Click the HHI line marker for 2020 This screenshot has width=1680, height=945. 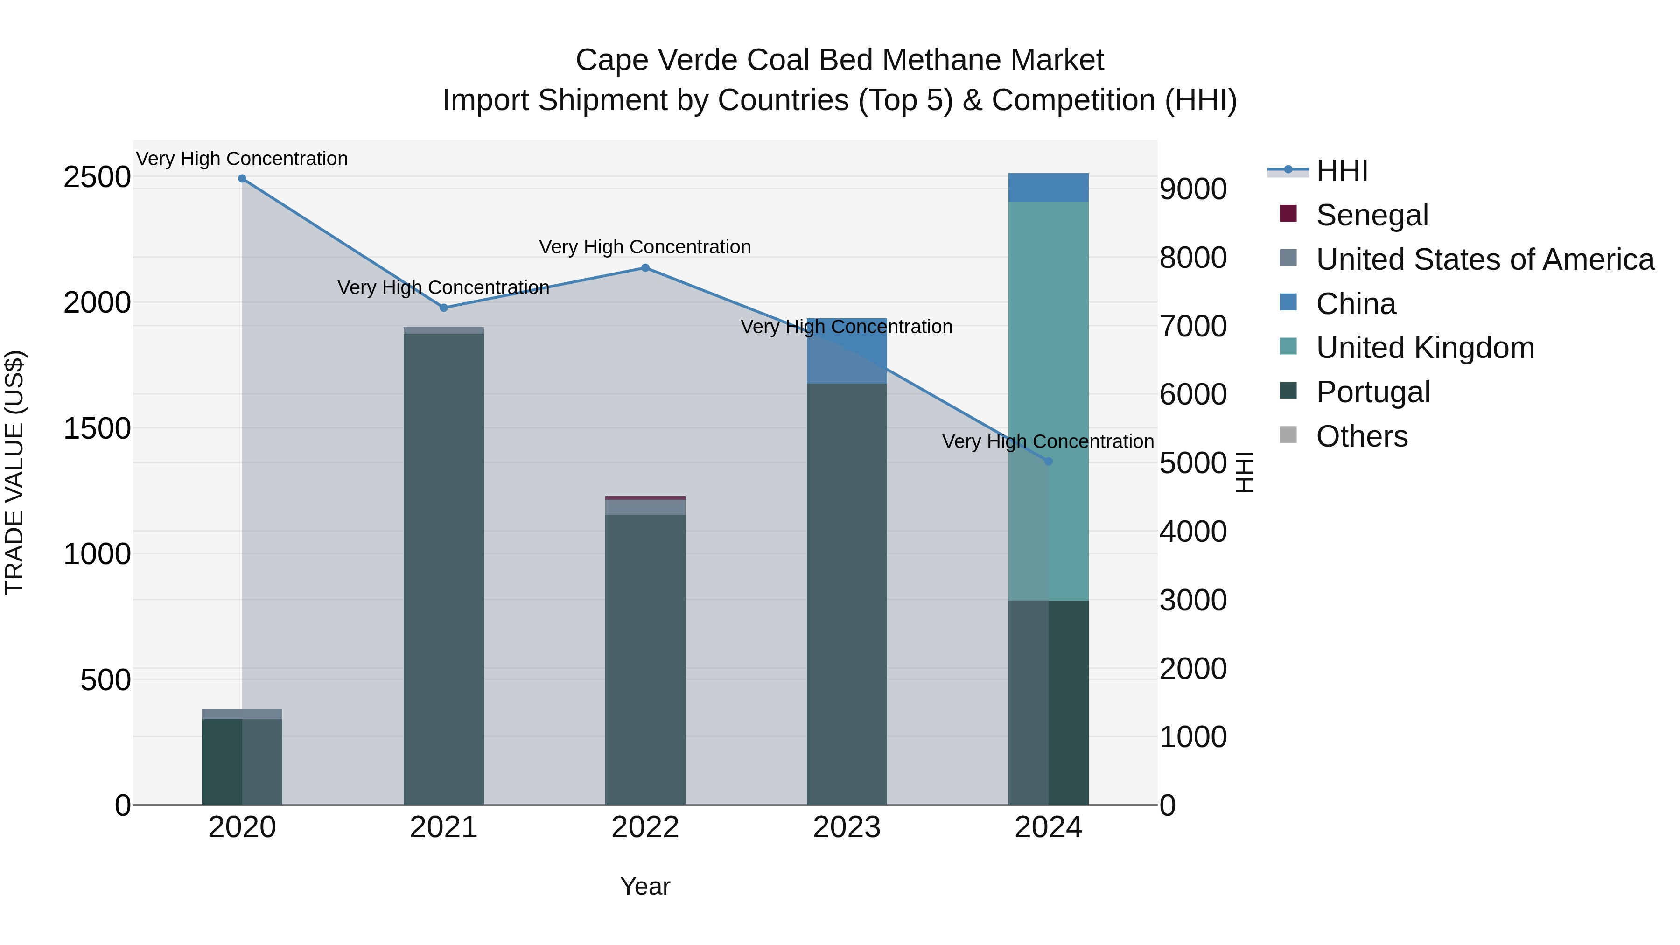242,179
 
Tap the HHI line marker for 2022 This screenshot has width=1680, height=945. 645,267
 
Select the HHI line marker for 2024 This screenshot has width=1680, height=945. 1048,461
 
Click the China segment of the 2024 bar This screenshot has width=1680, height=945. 1048,187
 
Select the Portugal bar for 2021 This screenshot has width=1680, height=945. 443,567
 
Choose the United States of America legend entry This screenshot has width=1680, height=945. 1484,259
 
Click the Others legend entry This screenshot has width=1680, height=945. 1361,436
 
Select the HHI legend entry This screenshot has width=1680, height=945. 1342,171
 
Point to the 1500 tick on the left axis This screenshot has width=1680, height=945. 97,428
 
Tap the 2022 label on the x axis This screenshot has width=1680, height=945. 645,827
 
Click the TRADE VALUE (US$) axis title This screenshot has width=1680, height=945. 14,472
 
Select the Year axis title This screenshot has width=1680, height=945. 645,886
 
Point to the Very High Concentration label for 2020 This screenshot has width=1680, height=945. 242,159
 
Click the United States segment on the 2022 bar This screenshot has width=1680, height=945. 645,507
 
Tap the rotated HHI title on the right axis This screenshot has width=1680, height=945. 1244,472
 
